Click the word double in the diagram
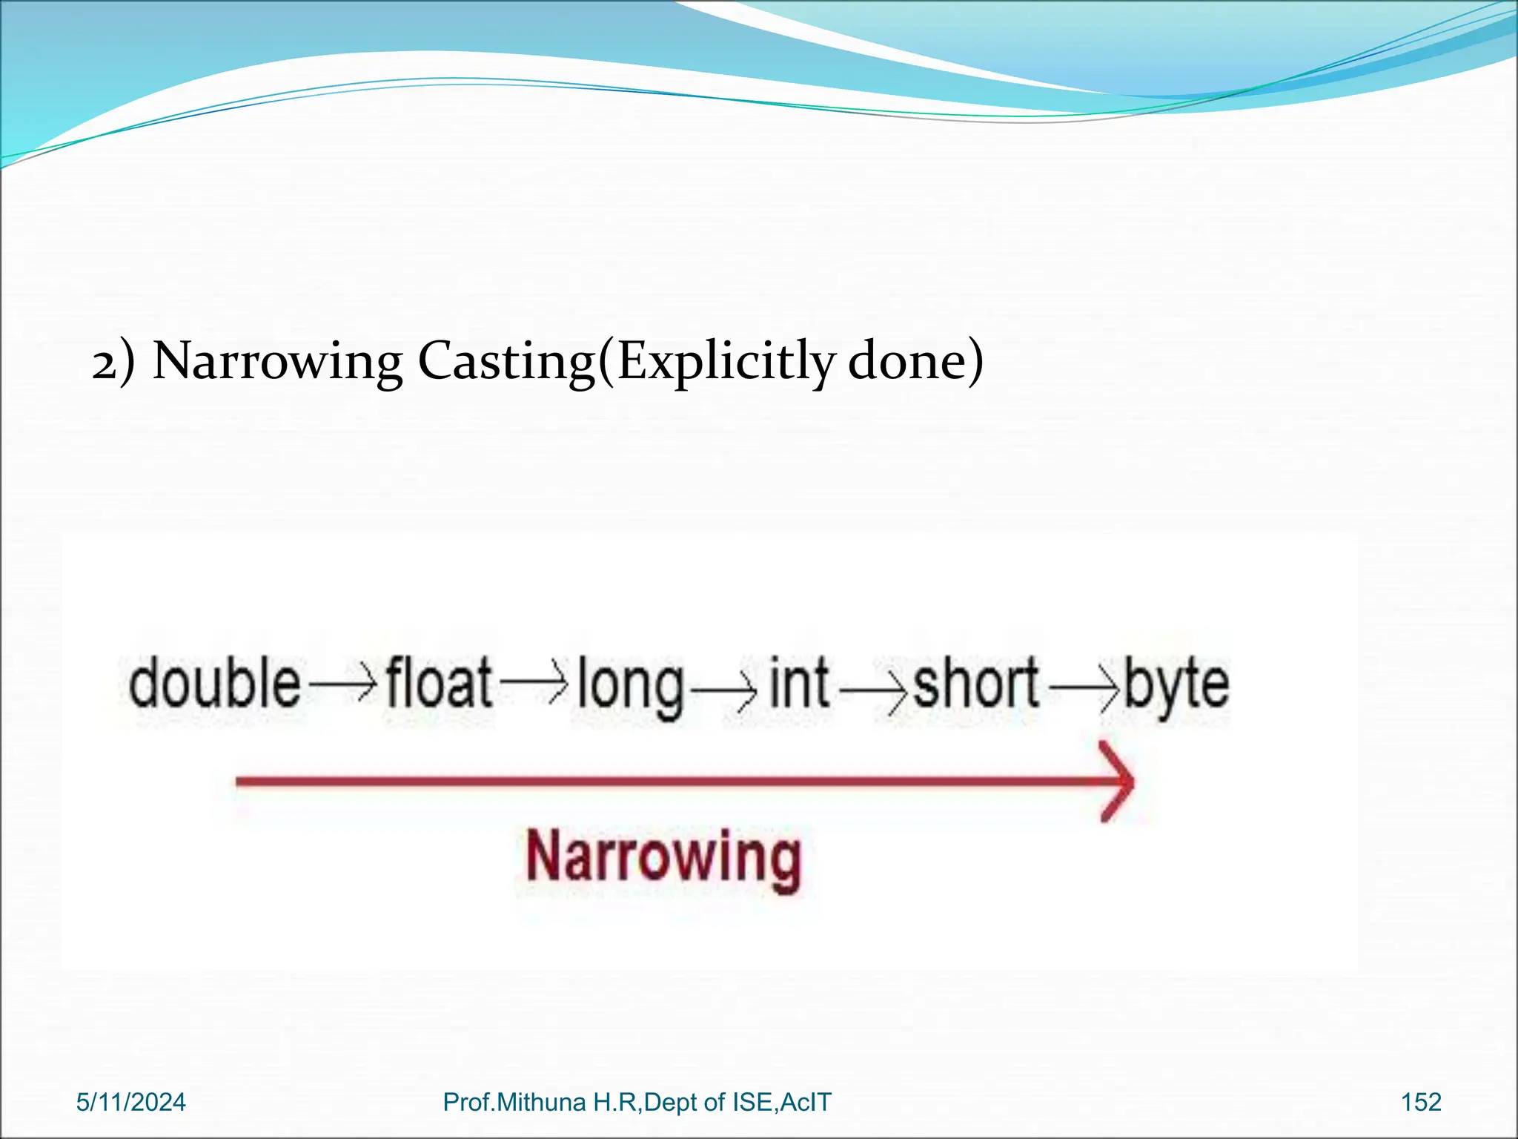tap(215, 683)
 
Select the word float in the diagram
tap(439, 683)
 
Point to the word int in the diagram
tap(798, 683)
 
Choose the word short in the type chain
tap(975, 683)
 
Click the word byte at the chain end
tap(1176, 684)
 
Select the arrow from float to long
tap(534, 685)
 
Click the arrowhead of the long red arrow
tap(1118, 782)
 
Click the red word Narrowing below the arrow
tap(663, 858)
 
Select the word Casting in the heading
tap(506, 362)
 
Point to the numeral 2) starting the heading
tap(113, 363)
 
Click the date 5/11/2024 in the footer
tap(131, 1102)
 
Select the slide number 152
tap(1421, 1102)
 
